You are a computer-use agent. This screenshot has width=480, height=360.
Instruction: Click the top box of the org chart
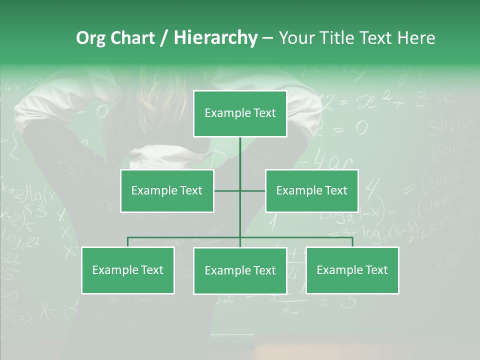(240, 113)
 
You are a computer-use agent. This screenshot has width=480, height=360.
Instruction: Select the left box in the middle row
(167, 190)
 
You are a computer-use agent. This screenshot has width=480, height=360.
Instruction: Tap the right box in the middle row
(312, 190)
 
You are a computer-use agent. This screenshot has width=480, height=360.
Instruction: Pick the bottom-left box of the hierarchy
(128, 270)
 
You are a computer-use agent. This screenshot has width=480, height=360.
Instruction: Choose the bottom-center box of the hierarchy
(240, 270)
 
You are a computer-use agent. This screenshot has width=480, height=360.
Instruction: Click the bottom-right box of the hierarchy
(352, 270)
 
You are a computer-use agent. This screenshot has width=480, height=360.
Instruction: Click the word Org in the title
(90, 38)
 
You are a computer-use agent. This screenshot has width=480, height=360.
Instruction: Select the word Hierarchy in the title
(215, 38)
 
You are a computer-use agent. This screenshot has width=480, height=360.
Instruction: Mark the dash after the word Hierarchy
(267, 38)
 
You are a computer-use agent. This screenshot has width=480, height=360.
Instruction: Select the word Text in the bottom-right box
(376, 270)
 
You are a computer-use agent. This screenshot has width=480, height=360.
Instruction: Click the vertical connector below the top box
(240, 160)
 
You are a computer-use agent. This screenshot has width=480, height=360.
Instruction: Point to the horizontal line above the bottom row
(185, 237)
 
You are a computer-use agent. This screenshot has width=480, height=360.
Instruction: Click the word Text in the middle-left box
(191, 190)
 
